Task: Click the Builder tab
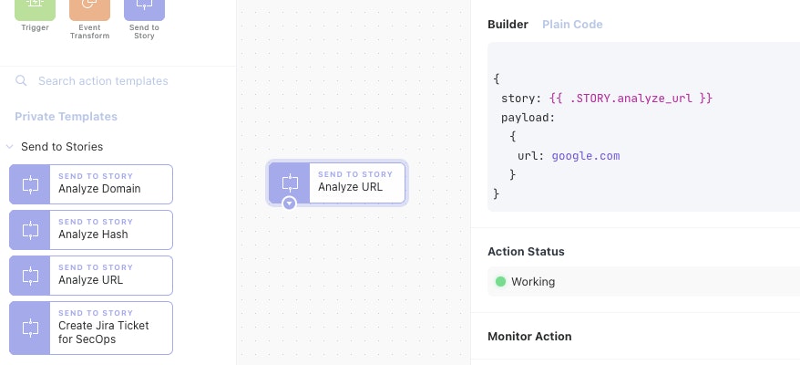point(508,25)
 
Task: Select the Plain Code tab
point(572,25)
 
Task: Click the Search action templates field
point(103,81)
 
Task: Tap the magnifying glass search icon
point(21,81)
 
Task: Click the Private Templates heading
point(66,117)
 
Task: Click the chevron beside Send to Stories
point(9,147)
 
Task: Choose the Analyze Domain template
point(91,184)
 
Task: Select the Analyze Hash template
point(91,230)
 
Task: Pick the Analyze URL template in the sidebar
point(91,276)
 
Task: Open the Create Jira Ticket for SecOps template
point(91,328)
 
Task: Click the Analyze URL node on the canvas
point(337,182)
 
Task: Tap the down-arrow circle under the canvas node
point(289,203)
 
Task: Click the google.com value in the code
point(586,156)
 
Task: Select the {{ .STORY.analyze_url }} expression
point(631,98)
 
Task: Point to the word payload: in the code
point(528,118)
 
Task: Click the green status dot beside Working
point(500,281)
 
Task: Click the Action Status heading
point(526,252)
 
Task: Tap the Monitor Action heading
point(529,337)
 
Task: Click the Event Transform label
point(90,32)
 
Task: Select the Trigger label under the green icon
point(36,27)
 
